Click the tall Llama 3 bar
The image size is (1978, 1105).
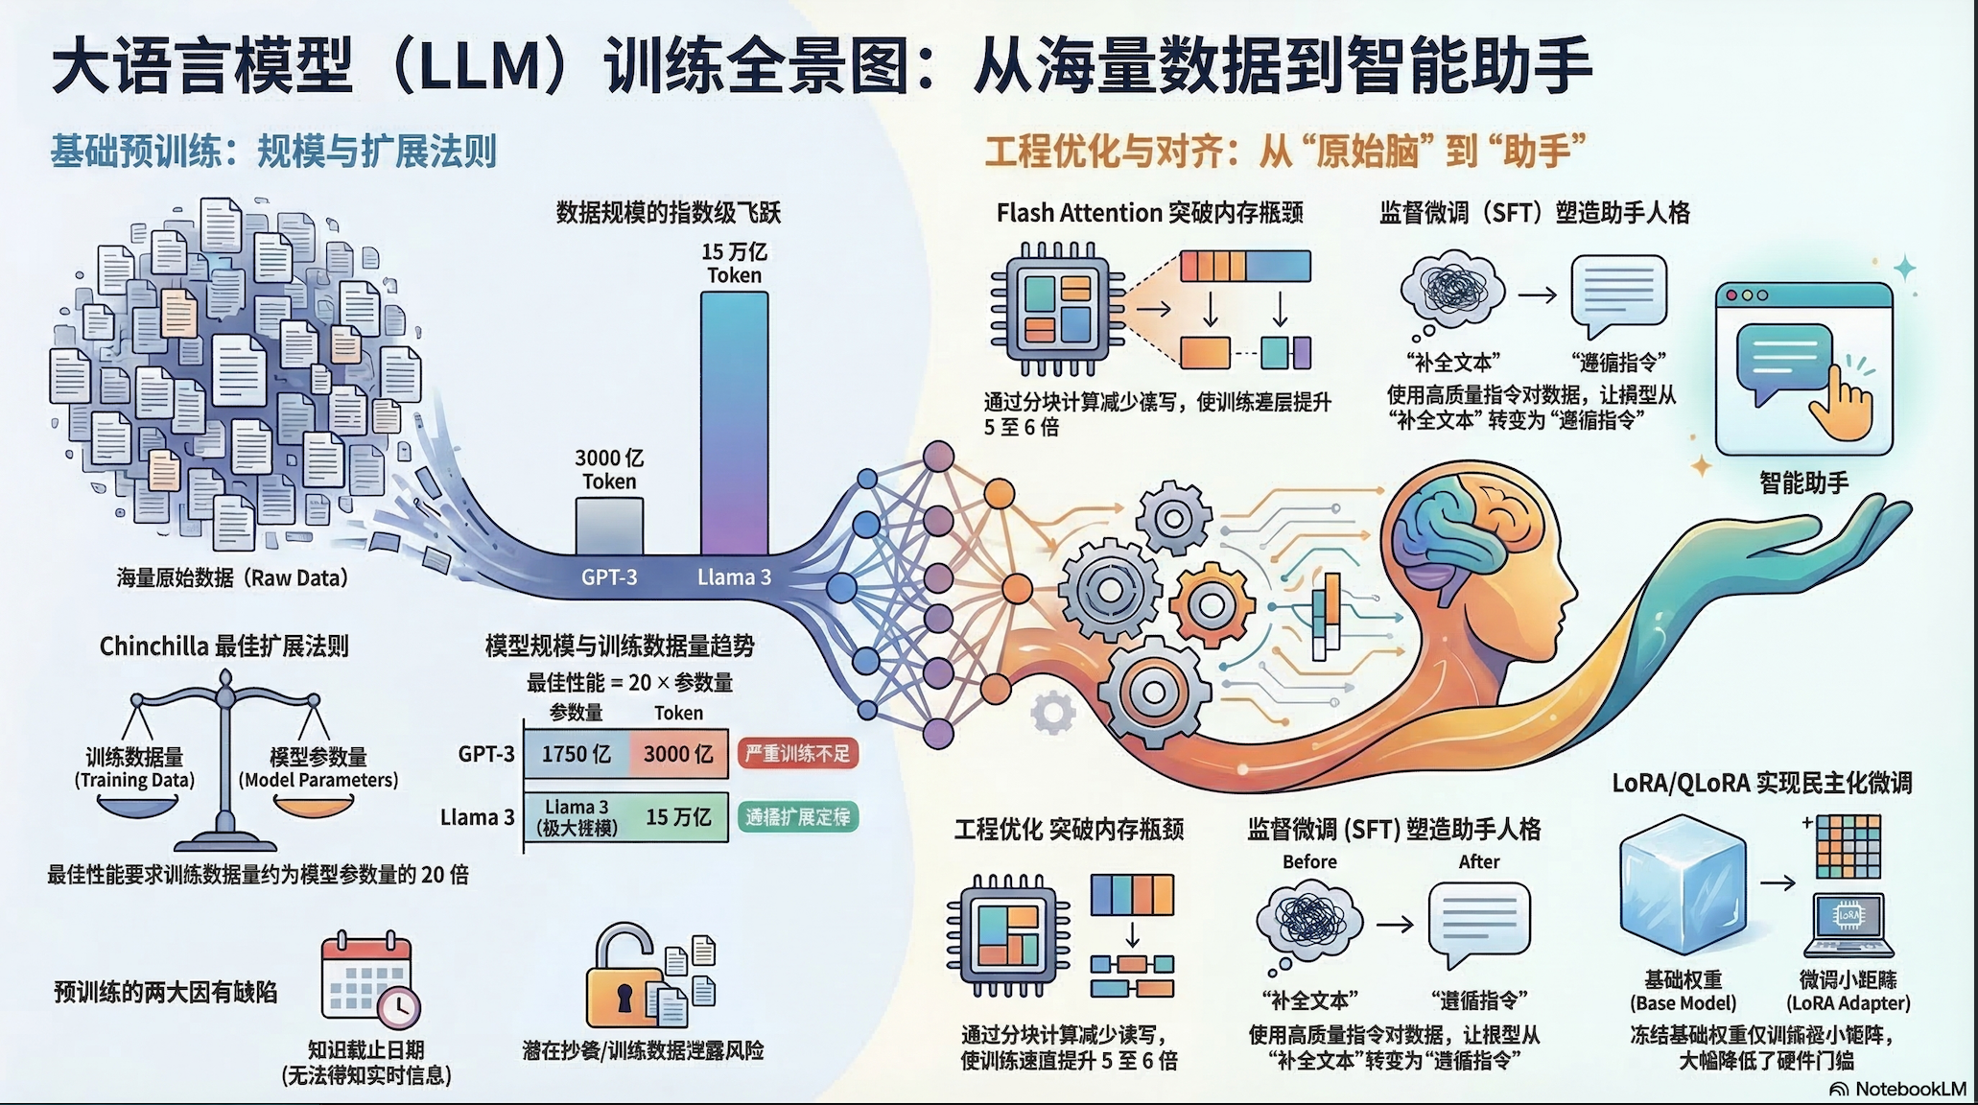pyautogui.click(x=734, y=422)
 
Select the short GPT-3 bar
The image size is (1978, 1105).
pyautogui.click(x=609, y=526)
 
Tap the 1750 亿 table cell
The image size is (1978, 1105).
pyautogui.click(x=577, y=754)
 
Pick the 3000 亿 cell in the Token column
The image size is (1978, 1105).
pyautogui.click(x=678, y=754)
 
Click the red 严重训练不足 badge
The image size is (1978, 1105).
pyautogui.click(x=797, y=754)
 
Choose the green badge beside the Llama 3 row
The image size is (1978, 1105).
pyautogui.click(x=797, y=817)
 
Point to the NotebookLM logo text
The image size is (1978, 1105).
pyautogui.click(x=1910, y=1090)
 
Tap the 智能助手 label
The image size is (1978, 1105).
pyautogui.click(x=1803, y=483)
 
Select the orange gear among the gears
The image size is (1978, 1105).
pyautogui.click(x=1212, y=605)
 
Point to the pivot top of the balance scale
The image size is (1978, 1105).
pyautogui.click(x=225, y=679)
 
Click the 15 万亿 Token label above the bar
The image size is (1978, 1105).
pyautogui.click(x=734, y=264)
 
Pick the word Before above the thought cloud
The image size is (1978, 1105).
pyautogui.click(x=1309, y=861)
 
